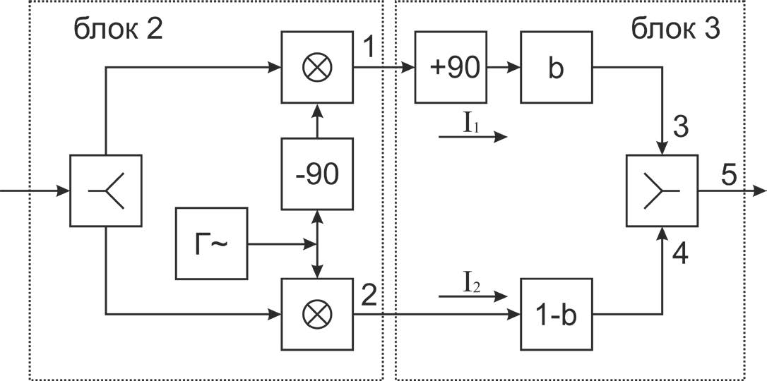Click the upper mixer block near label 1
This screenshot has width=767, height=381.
click(317, 67)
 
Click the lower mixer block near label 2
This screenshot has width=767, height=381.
click(317, 314)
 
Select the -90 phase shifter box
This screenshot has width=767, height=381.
click(317, 174)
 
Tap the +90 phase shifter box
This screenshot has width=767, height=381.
click(451, 67)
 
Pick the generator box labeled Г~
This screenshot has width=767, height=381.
click(211, 243)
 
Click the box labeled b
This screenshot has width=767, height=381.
click(556, 67)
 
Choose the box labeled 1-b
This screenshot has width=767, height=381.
click(556, 314)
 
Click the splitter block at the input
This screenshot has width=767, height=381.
click(106, 190)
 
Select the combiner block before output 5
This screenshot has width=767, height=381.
click(662, 190)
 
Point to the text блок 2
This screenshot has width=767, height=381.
click(118, 30)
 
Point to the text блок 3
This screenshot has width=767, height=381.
click(675, 30)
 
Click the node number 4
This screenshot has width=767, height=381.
click(680, 253)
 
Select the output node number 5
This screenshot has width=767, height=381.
click(728, 174)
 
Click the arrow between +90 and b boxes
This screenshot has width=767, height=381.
click(504, 67)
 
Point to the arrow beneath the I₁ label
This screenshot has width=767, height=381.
click(473, 138)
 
